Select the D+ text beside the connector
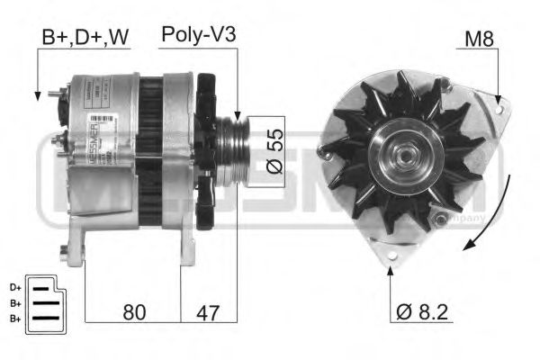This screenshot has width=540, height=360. (x=14, y=287)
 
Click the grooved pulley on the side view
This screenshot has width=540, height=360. (x=232, y=149)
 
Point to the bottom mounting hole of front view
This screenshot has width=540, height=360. (x=391, y=258)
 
